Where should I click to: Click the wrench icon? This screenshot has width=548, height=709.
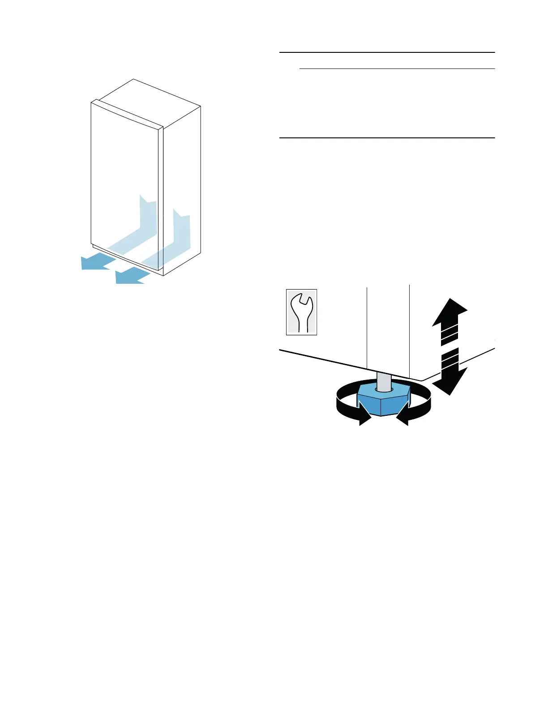point(301,312)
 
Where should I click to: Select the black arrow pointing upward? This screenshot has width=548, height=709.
point(450,313)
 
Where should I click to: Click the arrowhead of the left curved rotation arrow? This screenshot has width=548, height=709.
point(364,419)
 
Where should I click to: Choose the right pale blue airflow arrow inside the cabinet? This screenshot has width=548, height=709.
point(179,237)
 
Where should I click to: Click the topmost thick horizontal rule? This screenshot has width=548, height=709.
point(387,52)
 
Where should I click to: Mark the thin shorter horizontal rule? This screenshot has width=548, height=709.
point(397,69)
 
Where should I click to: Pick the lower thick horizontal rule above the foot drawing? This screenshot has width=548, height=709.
point(387,138)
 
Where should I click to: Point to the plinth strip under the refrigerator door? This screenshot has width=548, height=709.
point(125,259)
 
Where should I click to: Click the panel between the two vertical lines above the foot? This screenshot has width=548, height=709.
point(388,327)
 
